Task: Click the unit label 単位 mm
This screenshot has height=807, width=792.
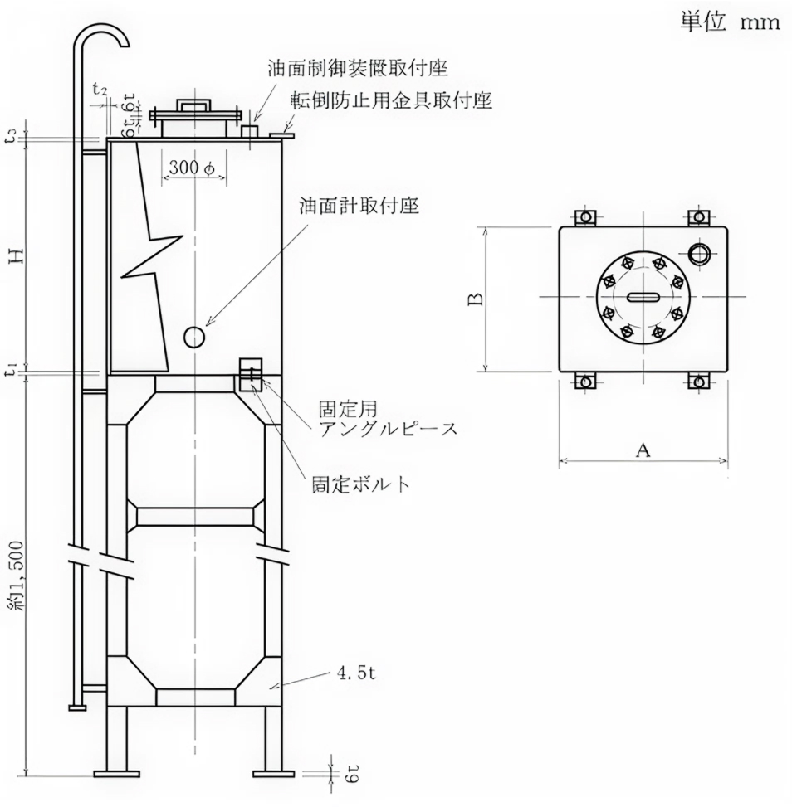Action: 730,22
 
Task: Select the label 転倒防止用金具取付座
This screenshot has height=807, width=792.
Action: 391,101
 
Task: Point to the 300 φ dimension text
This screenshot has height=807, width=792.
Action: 192,168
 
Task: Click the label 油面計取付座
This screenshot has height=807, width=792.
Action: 359,205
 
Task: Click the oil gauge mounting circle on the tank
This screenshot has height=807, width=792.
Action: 194,337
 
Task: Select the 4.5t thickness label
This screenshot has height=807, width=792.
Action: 357,673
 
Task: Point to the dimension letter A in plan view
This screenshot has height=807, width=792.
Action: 642,450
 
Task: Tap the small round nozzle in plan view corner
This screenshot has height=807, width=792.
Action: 699,252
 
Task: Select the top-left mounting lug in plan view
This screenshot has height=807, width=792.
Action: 586,217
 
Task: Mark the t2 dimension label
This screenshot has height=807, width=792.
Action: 100,90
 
